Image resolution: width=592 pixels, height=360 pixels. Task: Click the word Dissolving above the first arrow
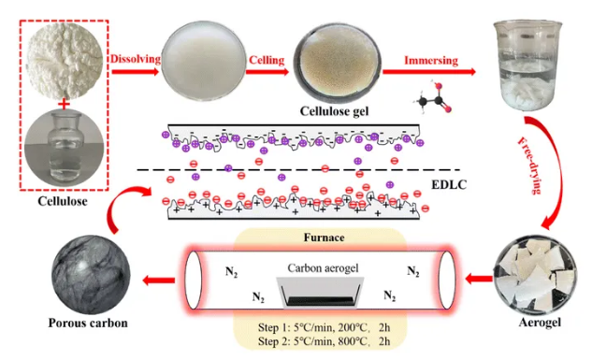click(x=134, y=60)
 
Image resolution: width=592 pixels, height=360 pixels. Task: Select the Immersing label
click(x=430, y=61)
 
